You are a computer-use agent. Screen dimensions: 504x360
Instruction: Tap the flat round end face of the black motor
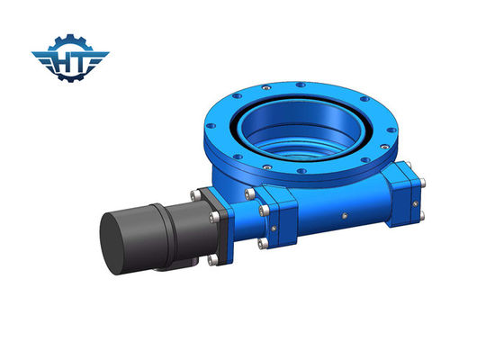click(x=110, y=244)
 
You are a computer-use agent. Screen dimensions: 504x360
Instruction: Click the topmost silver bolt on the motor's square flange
click(x=195, y=194)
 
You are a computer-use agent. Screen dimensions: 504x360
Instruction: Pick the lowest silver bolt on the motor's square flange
click(x=212, y=259)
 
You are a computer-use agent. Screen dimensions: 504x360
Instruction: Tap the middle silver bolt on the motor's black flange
click(x=214, y=217)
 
